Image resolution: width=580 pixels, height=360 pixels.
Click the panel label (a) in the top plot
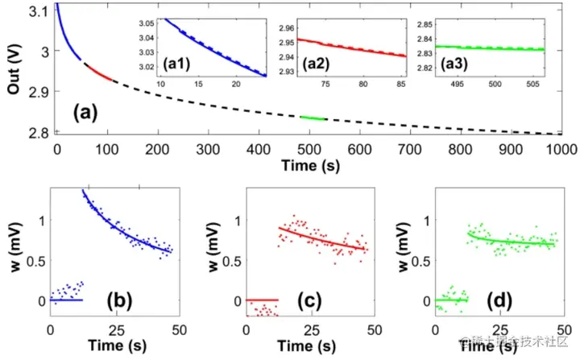[86, 113]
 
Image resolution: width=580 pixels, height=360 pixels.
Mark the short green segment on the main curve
[312, 118]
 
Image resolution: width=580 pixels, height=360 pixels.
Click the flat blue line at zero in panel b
[66, 300]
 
